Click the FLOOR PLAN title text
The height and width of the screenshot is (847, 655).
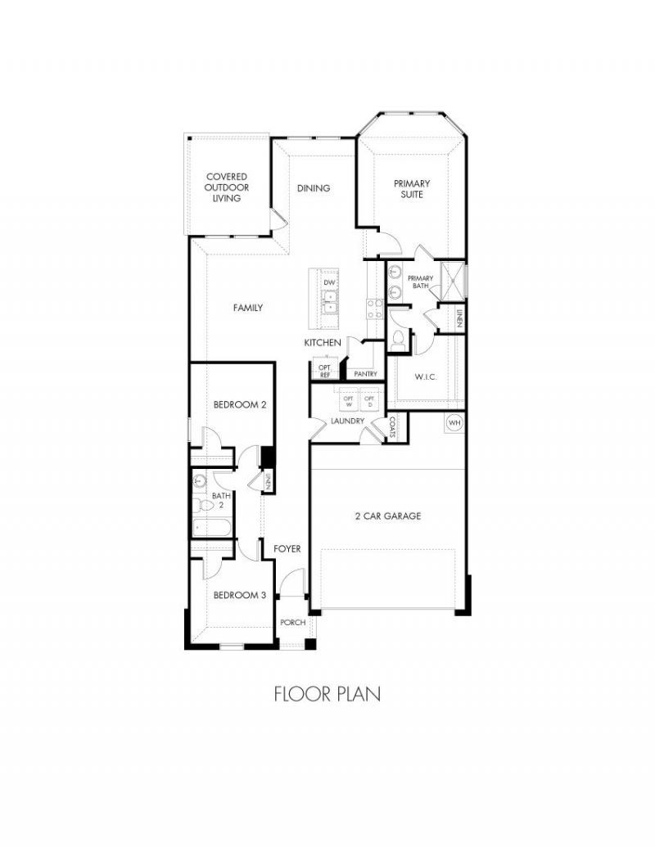click(x=327, y=694)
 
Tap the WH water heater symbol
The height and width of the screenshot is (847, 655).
click(x=454, y=422)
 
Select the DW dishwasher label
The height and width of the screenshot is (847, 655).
click(x=329, y=282)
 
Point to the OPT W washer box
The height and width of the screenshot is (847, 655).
click(x=349, y=401)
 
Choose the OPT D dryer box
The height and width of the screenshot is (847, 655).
click(x=369, y=401)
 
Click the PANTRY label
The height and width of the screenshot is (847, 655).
click(x=365, y=374)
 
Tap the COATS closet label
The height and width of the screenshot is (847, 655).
click(x=392, y=426)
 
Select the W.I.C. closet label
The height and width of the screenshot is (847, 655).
click(x=426, y=376)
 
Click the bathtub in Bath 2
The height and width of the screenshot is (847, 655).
click(x=212, y=527)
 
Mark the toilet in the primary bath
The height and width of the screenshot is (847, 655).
click(x=398, y=339)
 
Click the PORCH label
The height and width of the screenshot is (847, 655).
click(x=293, y=622)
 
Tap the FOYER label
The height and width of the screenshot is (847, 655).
click(x=287, y=549)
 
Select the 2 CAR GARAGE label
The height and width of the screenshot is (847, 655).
click(x=387, y=516)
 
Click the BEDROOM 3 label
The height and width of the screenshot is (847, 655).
click(x=239, y=595)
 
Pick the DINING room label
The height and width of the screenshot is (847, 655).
click(x=314, y=188)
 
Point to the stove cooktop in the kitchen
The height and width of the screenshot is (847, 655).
click(x=374, y=309)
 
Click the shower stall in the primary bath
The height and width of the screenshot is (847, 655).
click(x=453, y=282)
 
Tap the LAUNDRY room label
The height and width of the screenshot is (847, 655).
click(x=347, y=421)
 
